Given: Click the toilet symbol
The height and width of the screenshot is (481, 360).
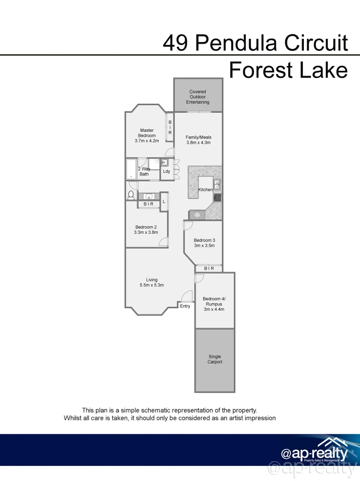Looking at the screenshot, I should [x=131, y=195].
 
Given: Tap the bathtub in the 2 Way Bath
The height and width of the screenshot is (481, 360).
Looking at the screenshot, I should [x=131, y=169].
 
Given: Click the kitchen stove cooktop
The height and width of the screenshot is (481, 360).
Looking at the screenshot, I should [x=217, y=197].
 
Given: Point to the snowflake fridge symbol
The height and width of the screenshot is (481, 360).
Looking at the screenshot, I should [x=197, y=215].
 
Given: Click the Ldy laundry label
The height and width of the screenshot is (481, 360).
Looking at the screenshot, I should [x=166, y=171].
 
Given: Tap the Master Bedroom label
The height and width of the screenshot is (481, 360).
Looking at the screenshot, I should [x=147, y=133].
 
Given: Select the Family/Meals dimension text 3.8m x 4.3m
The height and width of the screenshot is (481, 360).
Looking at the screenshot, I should [x=198, y=143].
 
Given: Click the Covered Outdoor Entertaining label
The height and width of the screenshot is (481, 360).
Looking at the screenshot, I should [x=198, y=97].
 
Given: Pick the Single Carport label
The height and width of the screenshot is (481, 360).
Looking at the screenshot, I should [x=214, y=359].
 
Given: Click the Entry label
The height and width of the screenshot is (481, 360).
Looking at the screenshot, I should [x=185, y=306].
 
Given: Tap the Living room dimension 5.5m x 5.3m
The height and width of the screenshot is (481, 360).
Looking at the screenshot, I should [x=151, y=285].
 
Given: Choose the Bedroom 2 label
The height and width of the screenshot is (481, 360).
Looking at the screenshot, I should [x=146, y=227].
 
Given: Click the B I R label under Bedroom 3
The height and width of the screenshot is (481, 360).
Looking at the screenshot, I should [x=209, y=269].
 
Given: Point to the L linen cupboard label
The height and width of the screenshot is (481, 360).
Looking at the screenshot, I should [x=164, y=202].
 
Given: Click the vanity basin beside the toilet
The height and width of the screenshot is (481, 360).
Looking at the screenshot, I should [x=149, y=196].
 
